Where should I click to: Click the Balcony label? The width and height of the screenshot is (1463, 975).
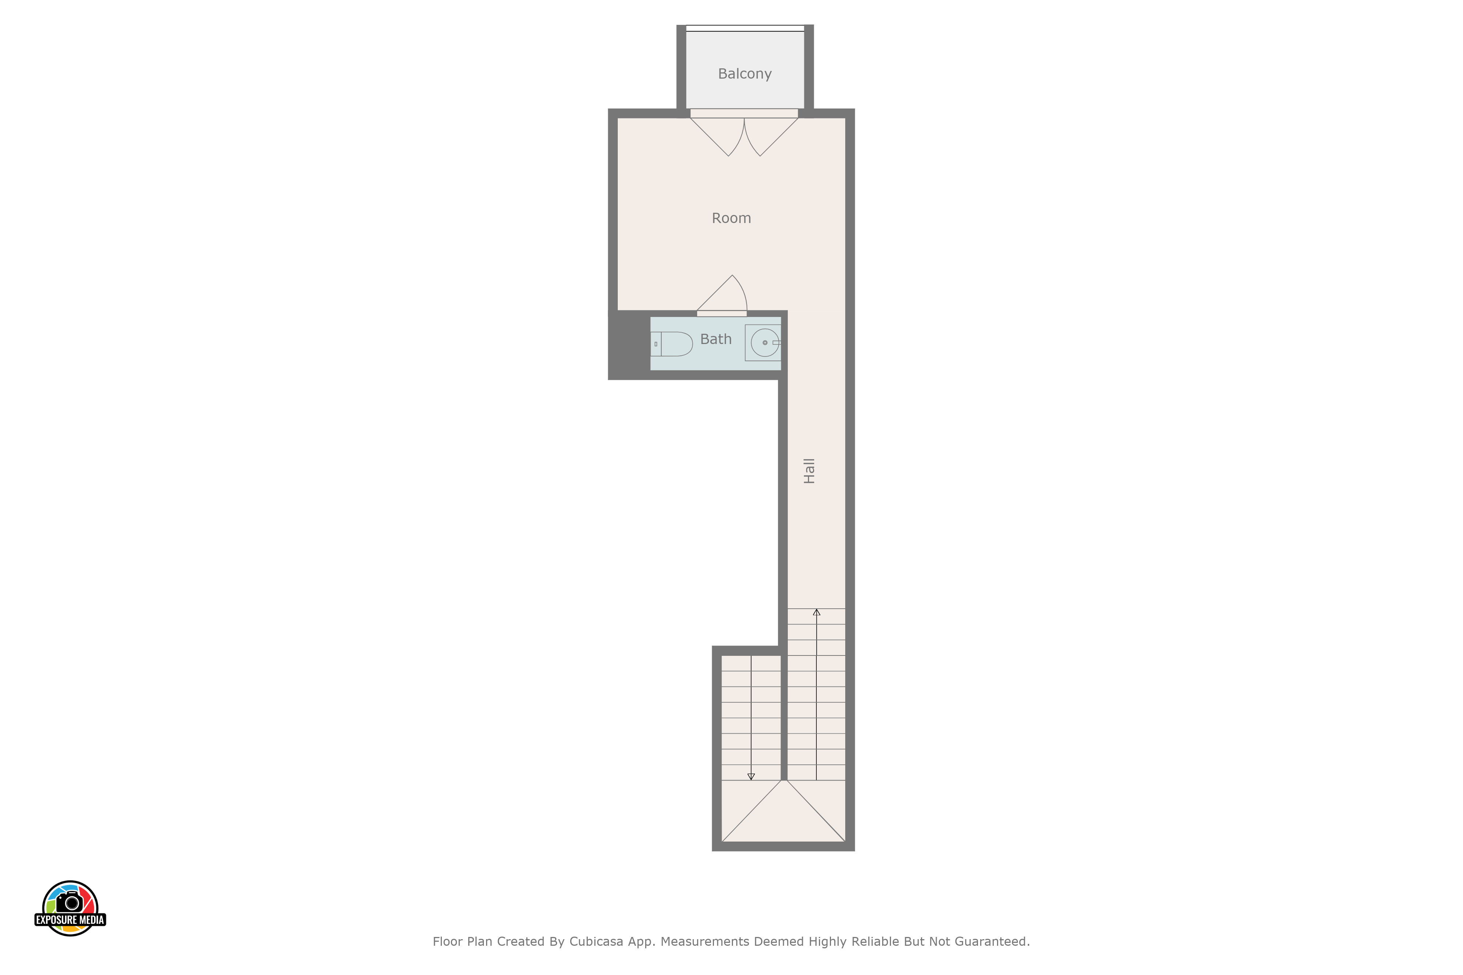coord(745,74)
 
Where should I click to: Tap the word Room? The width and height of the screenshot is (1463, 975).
coord(731,218)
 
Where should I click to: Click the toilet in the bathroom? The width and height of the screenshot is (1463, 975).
coord(672,344)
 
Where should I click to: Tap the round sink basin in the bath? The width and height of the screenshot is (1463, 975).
coord(764,343)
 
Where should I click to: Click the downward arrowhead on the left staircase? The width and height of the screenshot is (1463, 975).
coord(751,776)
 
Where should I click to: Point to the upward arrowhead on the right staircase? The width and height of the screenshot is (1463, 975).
coord(817,612)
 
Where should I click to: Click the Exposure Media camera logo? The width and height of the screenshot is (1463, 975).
coord(70,908)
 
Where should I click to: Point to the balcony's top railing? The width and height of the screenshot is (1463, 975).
coord(745,28)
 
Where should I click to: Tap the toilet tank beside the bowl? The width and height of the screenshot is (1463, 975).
coord(656,344)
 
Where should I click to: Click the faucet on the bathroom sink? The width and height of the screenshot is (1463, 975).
coord(776,343)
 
